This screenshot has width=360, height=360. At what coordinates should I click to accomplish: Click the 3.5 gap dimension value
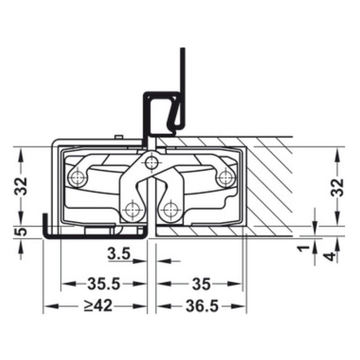coord(119,254)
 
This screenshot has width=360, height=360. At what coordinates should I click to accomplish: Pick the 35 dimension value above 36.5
coord(200,284)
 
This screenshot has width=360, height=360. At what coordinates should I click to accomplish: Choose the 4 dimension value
coord(330,256)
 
